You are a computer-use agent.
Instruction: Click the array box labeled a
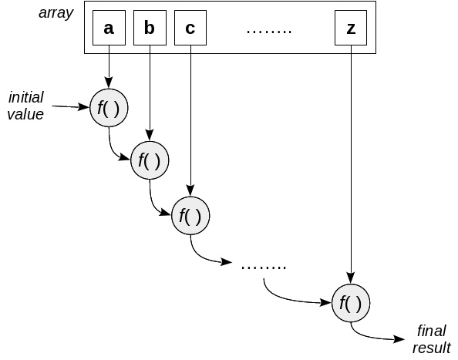click(x=109, y=29)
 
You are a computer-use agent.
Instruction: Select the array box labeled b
click(x=150, y=29)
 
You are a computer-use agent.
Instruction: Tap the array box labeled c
click(x=190, y=29)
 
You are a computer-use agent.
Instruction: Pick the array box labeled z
click(x=351, y=29)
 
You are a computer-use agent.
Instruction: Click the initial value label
click(x=26, y=106)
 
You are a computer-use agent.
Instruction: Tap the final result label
click(x=432, y=339)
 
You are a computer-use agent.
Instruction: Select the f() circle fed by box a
click(x=108, y=108)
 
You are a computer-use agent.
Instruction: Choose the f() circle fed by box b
click(x=150, y=160)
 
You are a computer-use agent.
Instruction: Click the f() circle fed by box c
click(x=190, y=215)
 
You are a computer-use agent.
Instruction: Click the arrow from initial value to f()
click(x=67, y=107)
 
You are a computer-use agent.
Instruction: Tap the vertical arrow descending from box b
click(x=150, y=93)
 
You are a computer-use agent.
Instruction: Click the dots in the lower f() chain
click(x=264, y=267)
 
